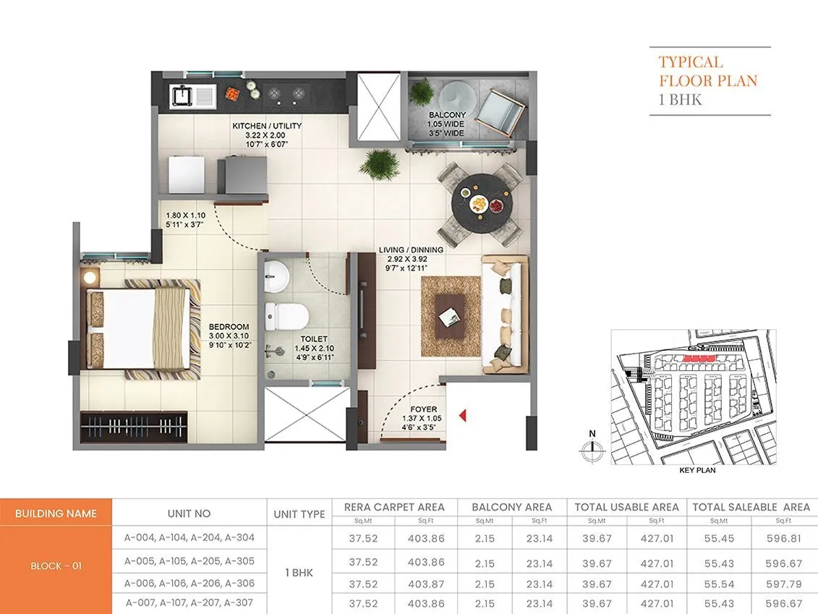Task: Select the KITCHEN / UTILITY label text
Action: pyautogui.click(x=267, y=126)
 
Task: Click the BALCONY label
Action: pyautogui.click(x=447, y=115)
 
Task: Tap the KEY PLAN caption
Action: pyautogui.click(x=697, y=470)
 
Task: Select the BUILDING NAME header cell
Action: pyautogui.click(x=56, y=513)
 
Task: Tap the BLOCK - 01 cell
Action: pyautogui.click(x=56, y=566)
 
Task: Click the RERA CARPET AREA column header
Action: pyautogui.click(x=394, y=507)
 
